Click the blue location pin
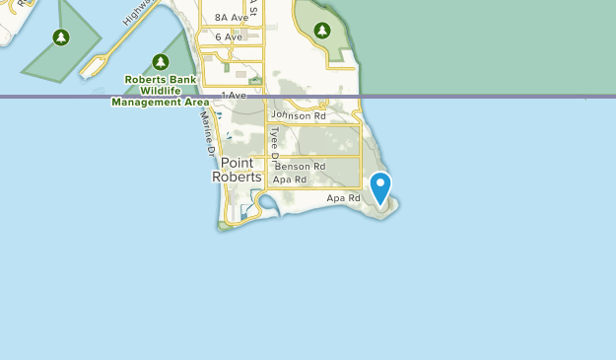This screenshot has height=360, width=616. (379, 187)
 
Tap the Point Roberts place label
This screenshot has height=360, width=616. (238, 170)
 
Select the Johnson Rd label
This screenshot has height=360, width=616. (298, 115)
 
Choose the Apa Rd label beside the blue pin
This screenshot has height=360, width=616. (344, 198)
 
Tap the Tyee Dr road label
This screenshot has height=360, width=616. (276, 144)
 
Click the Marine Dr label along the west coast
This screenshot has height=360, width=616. (207, 134)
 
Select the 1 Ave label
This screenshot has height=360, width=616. (233, 95)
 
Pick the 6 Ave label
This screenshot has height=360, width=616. (227, 37)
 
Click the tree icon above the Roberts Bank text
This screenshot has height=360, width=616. (161, 62)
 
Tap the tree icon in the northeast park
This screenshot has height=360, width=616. (322, 31)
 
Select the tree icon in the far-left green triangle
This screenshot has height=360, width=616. (61, 37)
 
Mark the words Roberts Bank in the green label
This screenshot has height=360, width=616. (161, 80)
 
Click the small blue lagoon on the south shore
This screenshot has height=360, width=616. (263, 204)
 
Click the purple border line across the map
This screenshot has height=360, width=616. (444, 97)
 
